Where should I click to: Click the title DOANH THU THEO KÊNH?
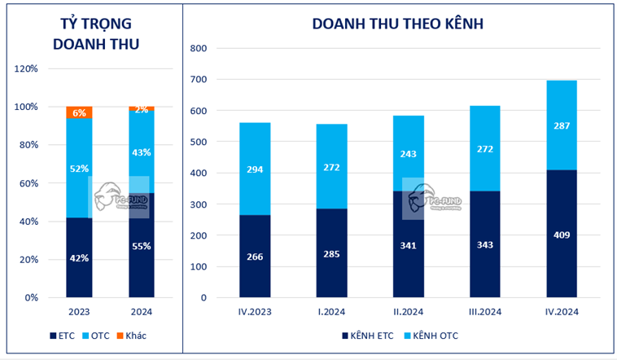coord(398,24)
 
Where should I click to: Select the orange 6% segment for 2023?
coord(79,112)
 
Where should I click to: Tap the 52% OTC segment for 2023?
coord(79,168)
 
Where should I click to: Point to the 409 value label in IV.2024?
coord(562,235)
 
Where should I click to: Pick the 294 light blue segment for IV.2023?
coord(254,169)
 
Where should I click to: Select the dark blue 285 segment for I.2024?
coord(331,252)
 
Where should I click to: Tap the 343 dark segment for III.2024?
coord(485,244)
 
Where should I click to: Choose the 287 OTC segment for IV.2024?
coord(562,125)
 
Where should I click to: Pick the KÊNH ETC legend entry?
coord(365,335)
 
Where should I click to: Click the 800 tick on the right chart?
coord(200,48)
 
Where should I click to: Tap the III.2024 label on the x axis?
coord(485,310)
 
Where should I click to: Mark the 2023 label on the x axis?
coord(79,310)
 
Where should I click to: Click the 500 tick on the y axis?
coord(200,142)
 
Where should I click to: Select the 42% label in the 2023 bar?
coord(79,259)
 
